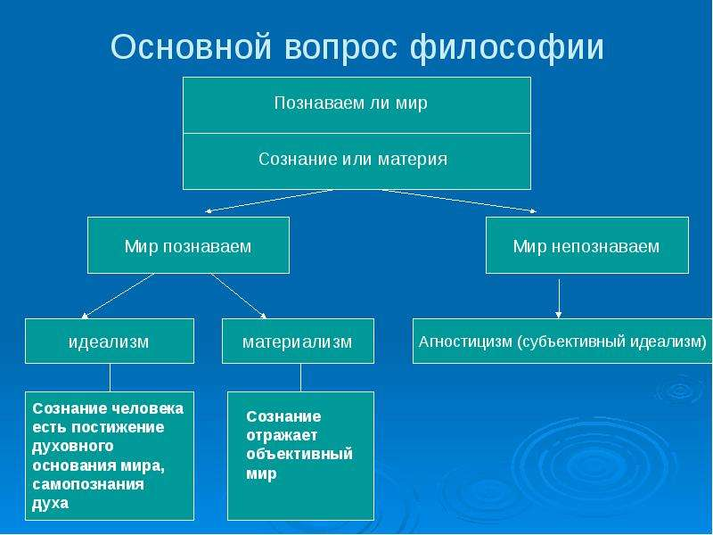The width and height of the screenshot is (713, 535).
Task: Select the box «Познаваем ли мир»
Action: [x=356, y=104]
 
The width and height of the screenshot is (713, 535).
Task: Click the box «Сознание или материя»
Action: [x=356, y=160]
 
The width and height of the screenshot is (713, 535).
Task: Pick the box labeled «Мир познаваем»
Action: [x=188, y=245]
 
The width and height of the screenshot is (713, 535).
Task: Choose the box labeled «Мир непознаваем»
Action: [x=586, y=245]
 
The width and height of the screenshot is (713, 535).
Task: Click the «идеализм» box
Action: [x=109, y=342]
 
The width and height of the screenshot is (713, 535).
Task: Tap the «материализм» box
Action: [x=298, y=342]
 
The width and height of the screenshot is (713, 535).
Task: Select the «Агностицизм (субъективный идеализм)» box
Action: [x=562, y=341]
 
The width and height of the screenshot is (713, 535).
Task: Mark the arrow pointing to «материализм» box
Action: [x=238, y=295]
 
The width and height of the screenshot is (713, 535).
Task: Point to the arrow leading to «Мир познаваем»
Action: [x=267, y=202]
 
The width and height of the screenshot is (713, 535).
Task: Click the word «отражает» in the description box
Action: [x=275, y=435]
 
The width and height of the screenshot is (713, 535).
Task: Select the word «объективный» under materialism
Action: [x=299, y=454]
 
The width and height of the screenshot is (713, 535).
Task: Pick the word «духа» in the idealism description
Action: [x=50, y=504]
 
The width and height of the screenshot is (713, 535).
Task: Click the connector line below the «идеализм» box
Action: [x=110, y=377]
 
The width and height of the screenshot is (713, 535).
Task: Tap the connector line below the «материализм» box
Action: [x=300, y=377]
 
